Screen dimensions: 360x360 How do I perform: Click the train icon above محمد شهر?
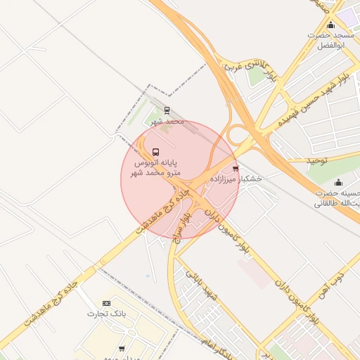coord(167,110)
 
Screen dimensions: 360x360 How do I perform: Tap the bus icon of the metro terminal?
coord(155,152)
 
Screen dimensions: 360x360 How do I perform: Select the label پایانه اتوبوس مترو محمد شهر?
coord(157,167)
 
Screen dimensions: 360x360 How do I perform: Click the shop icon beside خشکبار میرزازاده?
coord(235,169)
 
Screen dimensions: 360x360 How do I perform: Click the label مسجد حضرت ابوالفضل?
coord(334,40)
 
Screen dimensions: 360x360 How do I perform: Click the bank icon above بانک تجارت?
coord(106,302)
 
